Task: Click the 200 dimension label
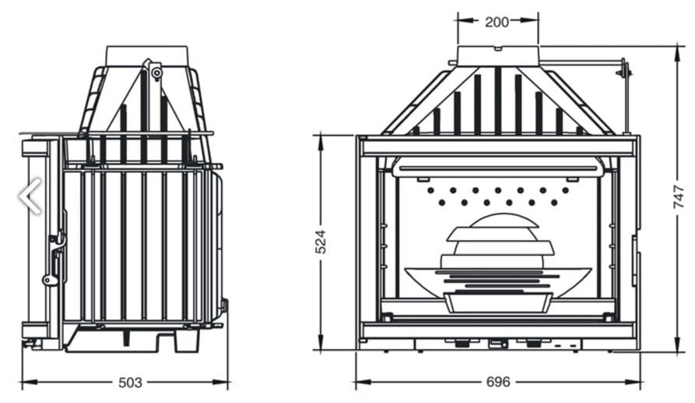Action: pos(497,22)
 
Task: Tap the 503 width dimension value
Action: pos(130,383)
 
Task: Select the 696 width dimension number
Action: pos(498,382)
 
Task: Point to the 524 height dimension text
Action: pos(321,242)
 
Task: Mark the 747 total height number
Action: pos(679,197)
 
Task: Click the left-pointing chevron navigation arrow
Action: pos(30,196)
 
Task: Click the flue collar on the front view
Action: pos(498,56)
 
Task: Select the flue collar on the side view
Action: pos(147,55)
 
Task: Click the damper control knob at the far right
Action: pos(623,70)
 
